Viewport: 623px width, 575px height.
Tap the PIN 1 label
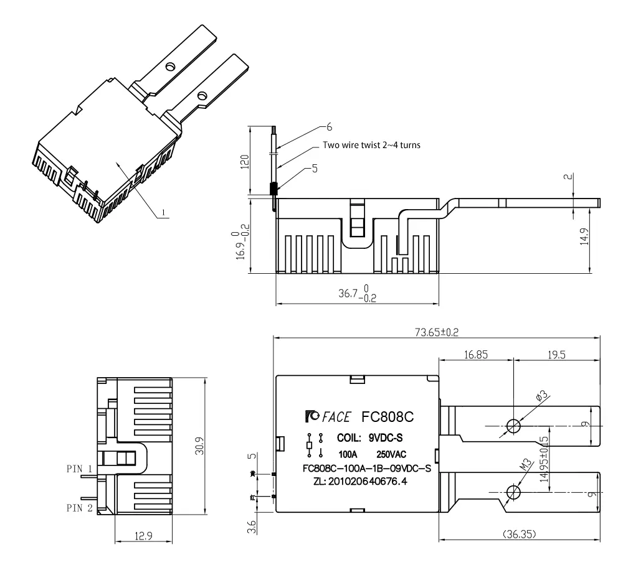tap(79, 468)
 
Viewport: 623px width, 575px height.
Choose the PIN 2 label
tap(79, 508)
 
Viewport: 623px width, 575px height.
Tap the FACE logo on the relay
tap(328, 416)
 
